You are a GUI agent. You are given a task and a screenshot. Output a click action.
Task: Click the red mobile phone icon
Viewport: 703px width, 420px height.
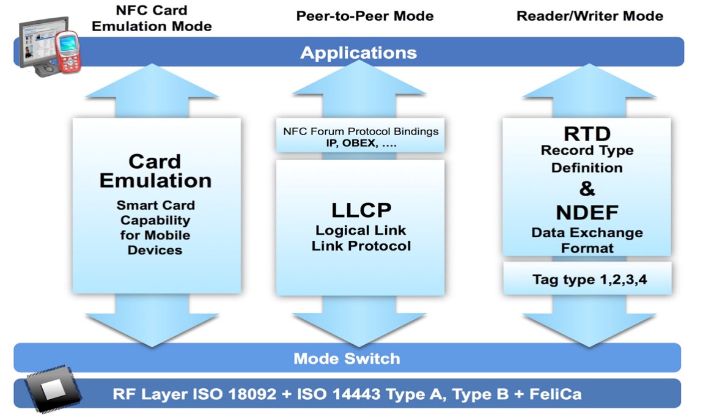click(x=67, y=53)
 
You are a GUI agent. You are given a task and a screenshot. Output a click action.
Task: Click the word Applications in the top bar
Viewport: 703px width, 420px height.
click(x=358, y=53)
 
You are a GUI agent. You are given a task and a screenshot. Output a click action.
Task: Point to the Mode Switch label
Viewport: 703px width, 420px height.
click(x=347, y=358)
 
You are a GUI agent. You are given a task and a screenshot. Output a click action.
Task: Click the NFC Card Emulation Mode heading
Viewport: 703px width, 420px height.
click(x=152, y=18)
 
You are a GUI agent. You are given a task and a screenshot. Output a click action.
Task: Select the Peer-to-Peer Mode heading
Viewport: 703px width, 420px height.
click(x=365, y=16)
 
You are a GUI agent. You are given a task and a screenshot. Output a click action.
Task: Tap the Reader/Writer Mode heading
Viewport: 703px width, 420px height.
click(x=589, y=16)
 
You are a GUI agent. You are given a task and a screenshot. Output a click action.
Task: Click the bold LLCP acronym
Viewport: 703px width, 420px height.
click(x=361, y=210)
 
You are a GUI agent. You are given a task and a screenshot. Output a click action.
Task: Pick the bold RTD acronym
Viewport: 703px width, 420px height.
click(x=587, y=133)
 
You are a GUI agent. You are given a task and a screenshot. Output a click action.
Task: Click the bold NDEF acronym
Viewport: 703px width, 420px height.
click(x=587, y=213)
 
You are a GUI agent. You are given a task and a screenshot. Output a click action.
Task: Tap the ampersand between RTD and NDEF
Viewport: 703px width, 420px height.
click(x=587, y=189)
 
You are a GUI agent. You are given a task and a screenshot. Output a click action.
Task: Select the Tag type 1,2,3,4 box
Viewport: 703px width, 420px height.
click(x=587, y=279)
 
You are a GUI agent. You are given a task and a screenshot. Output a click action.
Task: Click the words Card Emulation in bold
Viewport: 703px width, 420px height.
click(x=155, y=171)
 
